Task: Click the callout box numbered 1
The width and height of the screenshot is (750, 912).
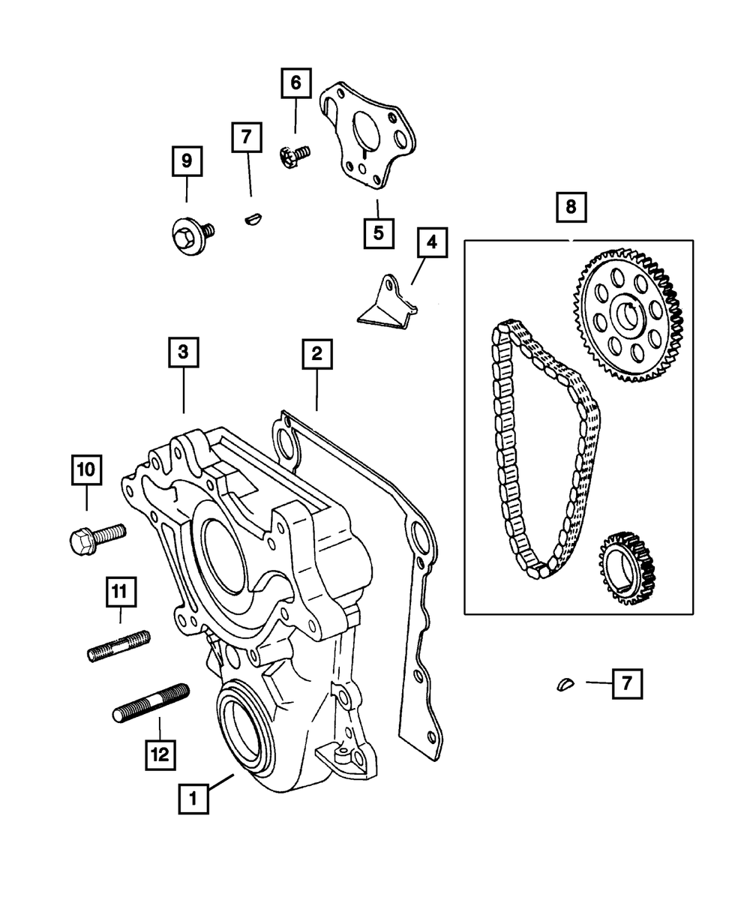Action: (x=193, y=799)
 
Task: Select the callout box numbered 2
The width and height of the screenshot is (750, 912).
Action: (x=316, y=353)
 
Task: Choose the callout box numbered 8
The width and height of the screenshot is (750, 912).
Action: (x=571, y=207)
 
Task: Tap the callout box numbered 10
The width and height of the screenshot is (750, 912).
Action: (x=86, y=471)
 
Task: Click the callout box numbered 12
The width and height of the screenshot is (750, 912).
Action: (x=160, y=752)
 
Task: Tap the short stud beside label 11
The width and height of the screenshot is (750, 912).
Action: (x=119, y=646)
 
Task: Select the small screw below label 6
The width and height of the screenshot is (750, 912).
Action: (x=293, y=156)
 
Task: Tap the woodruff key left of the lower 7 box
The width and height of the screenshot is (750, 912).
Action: (x=570, y=682)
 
